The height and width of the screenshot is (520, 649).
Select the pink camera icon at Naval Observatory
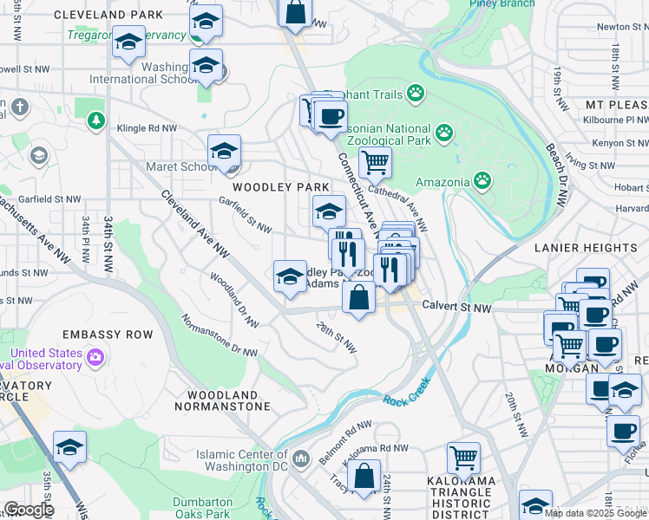[95, 355]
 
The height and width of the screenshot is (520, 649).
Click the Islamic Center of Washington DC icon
[301, 457]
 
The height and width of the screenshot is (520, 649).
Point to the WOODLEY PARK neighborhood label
[279, 187]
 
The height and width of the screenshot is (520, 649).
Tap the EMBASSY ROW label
[108, 335]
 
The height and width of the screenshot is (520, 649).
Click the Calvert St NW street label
[456, 307]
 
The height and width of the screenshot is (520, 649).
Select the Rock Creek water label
[407, 398]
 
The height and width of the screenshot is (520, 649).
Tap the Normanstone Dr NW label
[220, 334]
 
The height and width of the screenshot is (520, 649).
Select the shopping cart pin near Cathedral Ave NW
[375, 160]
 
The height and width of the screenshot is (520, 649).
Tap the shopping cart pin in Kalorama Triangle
[464, 456]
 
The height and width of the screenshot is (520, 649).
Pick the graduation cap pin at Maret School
[224, 150]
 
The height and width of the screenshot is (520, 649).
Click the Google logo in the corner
[29, 510]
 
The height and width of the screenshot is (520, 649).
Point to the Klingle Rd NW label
[147, 128]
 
